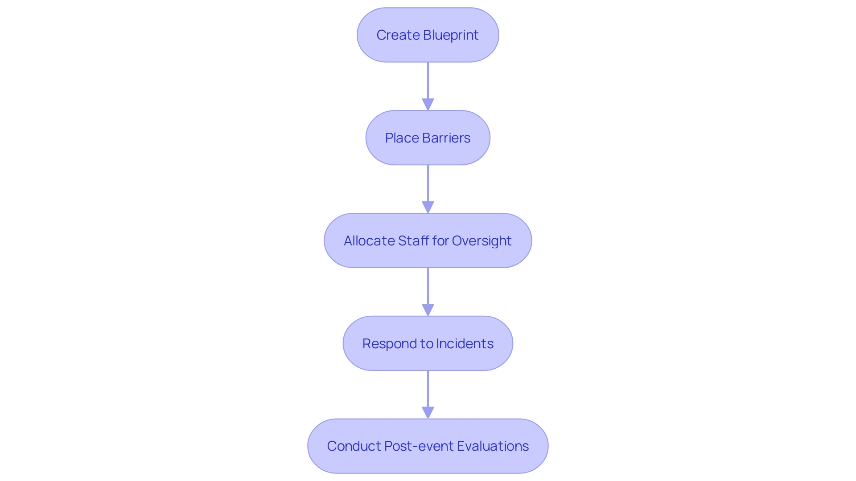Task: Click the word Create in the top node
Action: coord(398,35)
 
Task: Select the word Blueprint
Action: coord(451,35)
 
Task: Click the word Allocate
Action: coord(369,241)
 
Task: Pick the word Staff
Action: coord(413,241)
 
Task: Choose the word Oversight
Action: coord(481,241)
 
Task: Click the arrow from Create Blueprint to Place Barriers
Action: coord(428,82)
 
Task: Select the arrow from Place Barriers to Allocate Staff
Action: coord(428,185)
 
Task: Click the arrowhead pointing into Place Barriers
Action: coord(428,105)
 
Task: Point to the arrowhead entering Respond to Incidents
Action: coord(428,310)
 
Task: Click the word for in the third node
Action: coord(440,241)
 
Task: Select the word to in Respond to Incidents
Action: coord(426,344)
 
